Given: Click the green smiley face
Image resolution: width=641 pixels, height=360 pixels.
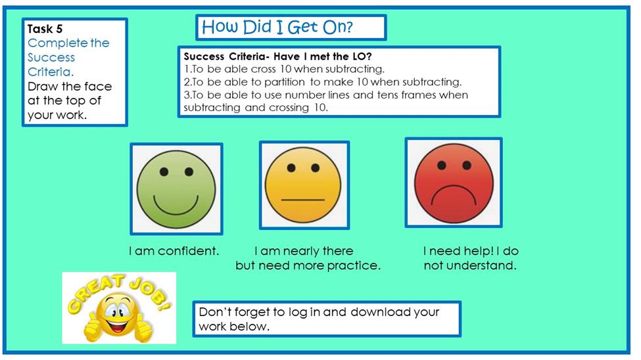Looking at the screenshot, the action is coord(176,189).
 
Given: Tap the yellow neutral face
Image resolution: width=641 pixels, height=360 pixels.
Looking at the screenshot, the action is coord(303,185).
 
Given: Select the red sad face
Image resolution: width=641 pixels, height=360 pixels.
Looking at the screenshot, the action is coord(454,183).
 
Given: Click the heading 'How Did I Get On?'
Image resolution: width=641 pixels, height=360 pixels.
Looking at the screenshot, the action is coord(277,27).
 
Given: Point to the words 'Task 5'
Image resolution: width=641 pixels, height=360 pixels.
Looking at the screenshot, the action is coord(45,29).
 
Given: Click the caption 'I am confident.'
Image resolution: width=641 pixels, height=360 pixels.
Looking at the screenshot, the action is coord(174,251).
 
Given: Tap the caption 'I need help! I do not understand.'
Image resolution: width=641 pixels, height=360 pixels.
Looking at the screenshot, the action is coord(470,258).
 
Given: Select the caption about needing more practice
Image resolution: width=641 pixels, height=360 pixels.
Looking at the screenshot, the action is coord(308,258).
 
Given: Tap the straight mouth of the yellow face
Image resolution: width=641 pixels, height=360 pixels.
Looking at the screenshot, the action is coord(303,200).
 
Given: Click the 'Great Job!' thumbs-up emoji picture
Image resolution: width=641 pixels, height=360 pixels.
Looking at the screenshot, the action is coord(119,308).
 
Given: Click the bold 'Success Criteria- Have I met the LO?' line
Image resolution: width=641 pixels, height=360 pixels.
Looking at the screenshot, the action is coord(277,56).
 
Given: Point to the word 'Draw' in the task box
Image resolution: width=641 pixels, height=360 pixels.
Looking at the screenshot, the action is coord(43,87).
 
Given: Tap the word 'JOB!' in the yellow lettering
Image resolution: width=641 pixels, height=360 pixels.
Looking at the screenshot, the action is coord(150,292).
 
